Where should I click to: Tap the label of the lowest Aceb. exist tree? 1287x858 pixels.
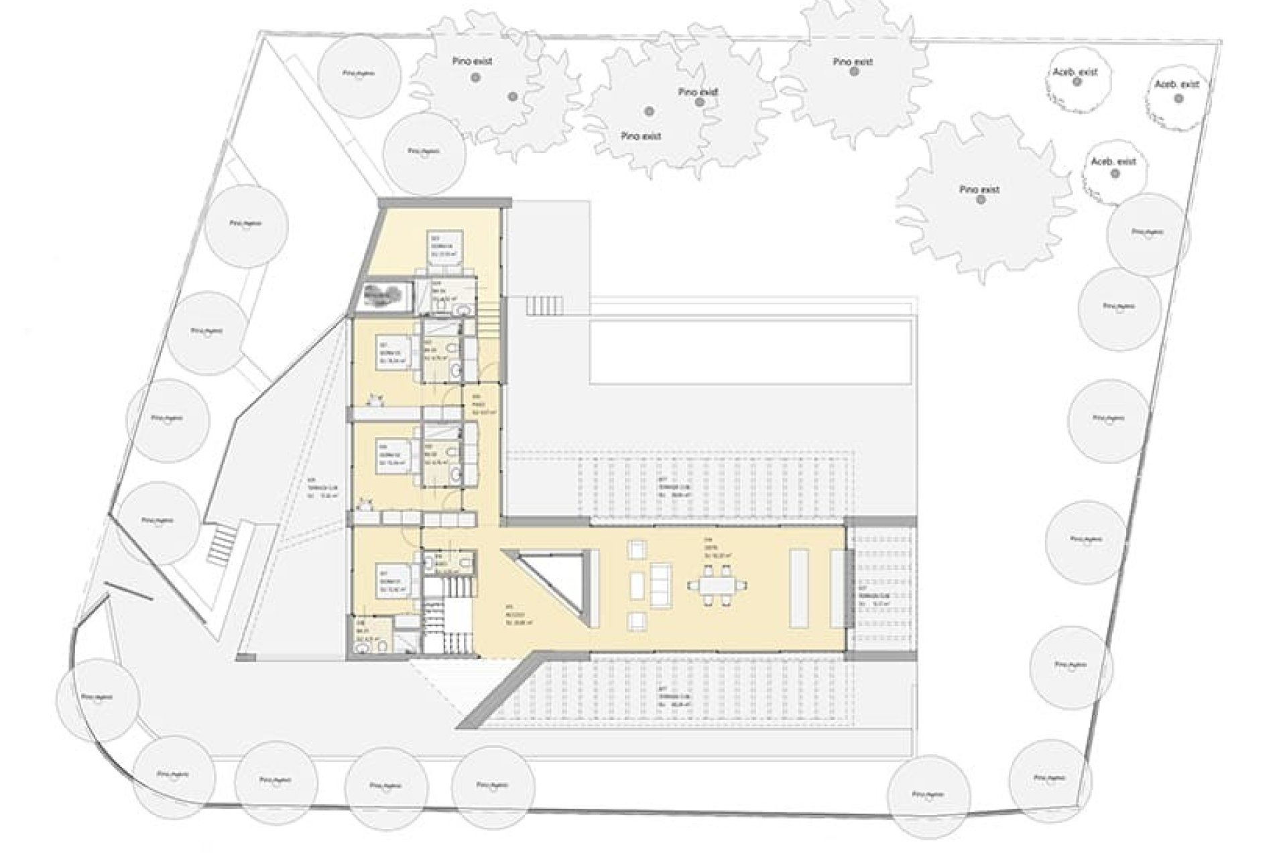pyautogui.click(x=1113, y=162)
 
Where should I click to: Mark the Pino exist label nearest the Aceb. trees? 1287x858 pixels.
pyautogui.click(x=979, y=190)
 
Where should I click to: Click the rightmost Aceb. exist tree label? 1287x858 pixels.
pyautogui.click(x=1176, y=84)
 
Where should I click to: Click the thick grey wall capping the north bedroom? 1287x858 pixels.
pyautogui.click(x=444, y=202)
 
